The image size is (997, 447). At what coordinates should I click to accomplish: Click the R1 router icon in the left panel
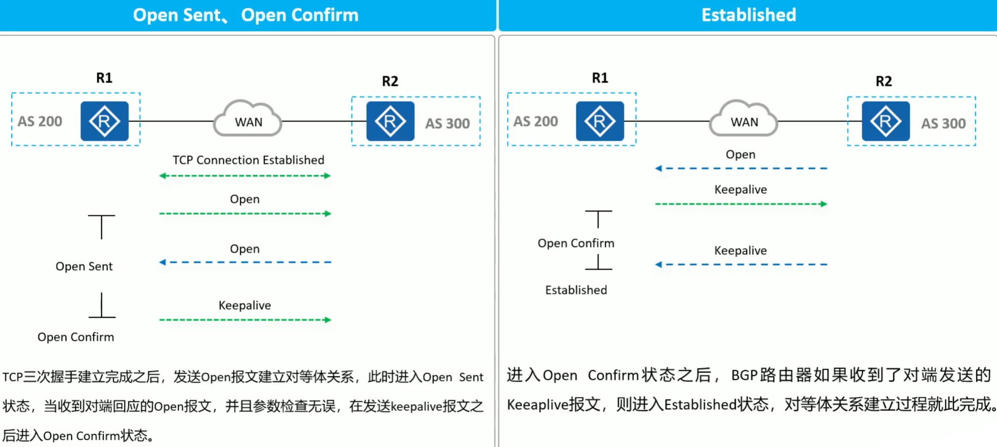coord(104,121)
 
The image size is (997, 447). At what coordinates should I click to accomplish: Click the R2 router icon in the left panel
coord(390,121)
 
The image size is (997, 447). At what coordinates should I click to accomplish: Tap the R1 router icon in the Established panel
coord(600,121)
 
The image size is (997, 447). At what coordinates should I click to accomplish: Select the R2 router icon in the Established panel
coord(886,121)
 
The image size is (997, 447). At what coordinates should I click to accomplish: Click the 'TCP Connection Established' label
coord(248,160)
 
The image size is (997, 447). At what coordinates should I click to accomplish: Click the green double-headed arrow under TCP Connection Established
coord(245,176)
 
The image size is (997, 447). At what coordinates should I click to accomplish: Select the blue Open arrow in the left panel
coord(245,262)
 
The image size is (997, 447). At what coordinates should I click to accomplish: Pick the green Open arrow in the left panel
coord(245,214)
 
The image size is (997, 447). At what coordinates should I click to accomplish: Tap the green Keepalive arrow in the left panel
coord(245,320)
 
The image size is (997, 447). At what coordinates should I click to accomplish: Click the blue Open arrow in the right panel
coord(741,169)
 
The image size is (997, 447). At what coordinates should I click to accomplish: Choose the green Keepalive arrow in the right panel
coord(741,204)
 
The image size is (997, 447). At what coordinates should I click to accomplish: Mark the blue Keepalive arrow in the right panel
coord(741,264)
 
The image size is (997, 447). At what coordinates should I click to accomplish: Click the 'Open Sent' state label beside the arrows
coord(84,267)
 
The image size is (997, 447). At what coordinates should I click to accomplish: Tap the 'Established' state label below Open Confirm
coord(576,290)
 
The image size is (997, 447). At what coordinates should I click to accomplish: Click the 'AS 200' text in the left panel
coord(40,122)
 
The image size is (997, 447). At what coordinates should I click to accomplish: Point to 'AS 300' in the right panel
coord(943,124)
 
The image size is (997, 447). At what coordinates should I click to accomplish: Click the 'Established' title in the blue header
coord(748,15)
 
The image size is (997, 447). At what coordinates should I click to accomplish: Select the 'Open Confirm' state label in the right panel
coord(576,243)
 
